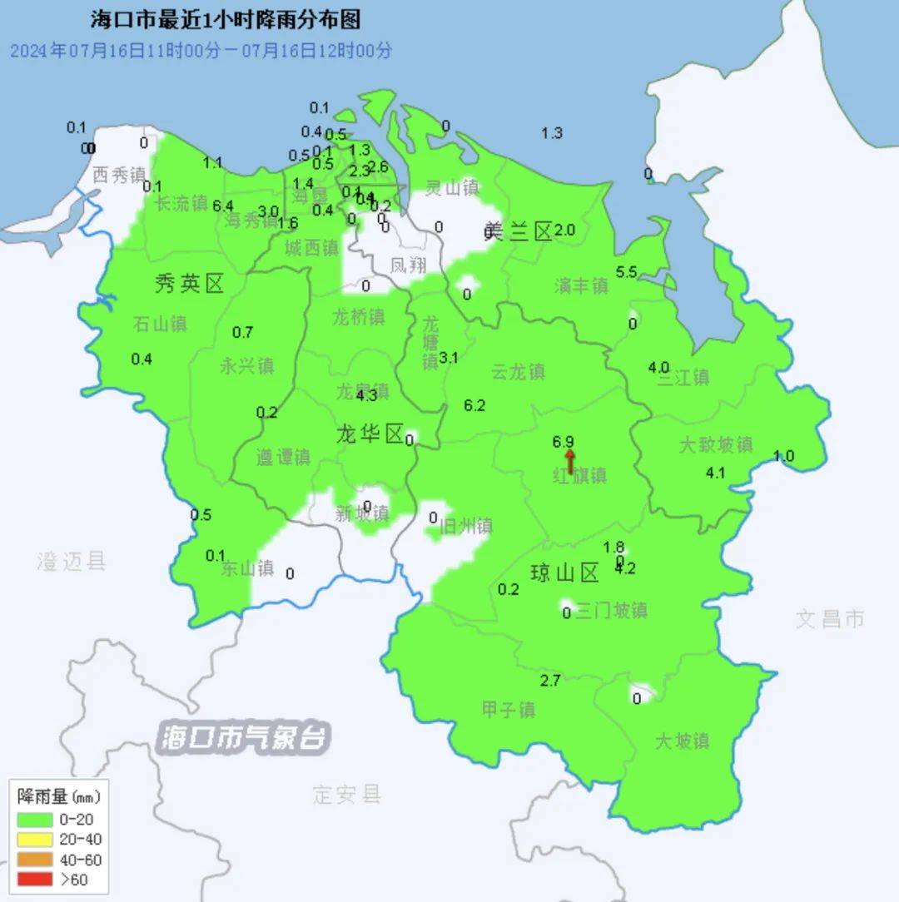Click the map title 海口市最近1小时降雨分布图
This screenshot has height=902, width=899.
pos(225,21)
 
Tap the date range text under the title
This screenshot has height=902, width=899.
pos(201,50)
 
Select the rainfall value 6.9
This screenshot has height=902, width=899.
pos(564,442)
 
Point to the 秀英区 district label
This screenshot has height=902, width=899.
pos(190,285)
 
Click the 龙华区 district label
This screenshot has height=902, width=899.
pos(370,434)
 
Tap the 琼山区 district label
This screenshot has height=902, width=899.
pos(565,572)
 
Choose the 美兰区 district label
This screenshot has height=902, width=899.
pos(519,232)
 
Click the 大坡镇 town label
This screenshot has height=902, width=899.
pos(682,741)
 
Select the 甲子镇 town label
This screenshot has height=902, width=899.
pos(509,710)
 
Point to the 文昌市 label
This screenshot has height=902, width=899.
pos(830,618)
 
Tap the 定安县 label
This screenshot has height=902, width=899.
pos(347,794)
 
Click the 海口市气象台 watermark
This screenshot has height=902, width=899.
pos(246,738)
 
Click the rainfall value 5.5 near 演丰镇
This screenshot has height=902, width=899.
pos(626,272)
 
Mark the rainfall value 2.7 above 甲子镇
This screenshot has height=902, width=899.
pos(550,681)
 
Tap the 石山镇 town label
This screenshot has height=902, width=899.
pos(160,324)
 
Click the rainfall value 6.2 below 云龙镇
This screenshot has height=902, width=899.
pos(474,405)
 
